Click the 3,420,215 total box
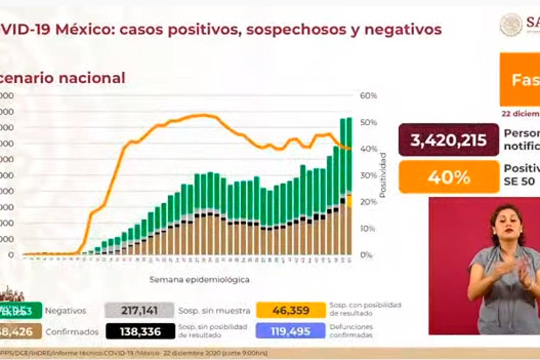(x=448, y=139)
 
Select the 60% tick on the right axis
(x=368, y=96)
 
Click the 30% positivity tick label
(x=368, y=175)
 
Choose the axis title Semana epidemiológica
(x=200, y=280)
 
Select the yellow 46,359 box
(x=290, y=310)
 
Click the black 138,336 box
(x=140, y=332)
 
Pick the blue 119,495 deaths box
(x=290, y=332)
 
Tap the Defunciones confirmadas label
(x=351, y=331)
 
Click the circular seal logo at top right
(x=511, y=24)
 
